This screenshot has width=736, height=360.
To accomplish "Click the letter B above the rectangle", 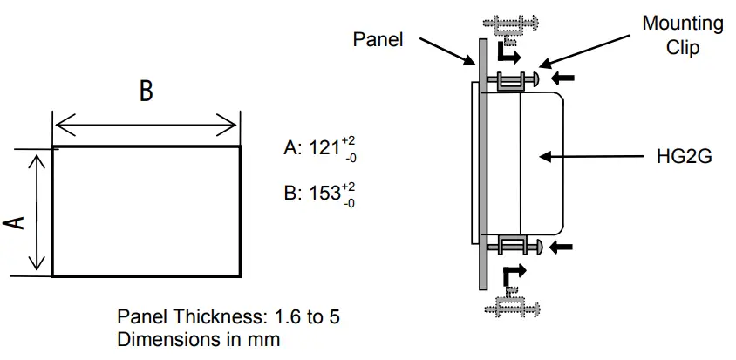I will pyautogui.click(x=146, y=92).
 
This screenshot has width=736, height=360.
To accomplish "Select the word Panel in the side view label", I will pyautogui.click(x=378, y=39).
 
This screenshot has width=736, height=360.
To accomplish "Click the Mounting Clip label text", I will pyautogui.click(x=682, y=36).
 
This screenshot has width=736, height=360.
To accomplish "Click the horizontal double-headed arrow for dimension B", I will pyautogui.click(x=146, y=125).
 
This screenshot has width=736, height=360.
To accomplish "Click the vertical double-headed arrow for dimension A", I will pyautogui.click(x=37, y=212).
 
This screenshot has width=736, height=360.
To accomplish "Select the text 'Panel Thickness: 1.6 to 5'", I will pyautogui.click(x=228, y=317).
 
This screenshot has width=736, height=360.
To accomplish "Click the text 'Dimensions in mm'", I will pyautogui.click(x=199, y=339).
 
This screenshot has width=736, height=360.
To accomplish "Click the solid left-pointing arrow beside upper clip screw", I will pyautogui.click(x=564, y=78).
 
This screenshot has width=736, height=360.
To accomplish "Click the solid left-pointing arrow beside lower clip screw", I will pyautogui.click(x=564, y=247).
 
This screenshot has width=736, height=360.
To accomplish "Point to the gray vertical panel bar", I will pyautogui.click(x=480, y=166).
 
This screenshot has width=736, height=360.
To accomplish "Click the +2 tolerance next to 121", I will pyautogui.click(x=349, y=139).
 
